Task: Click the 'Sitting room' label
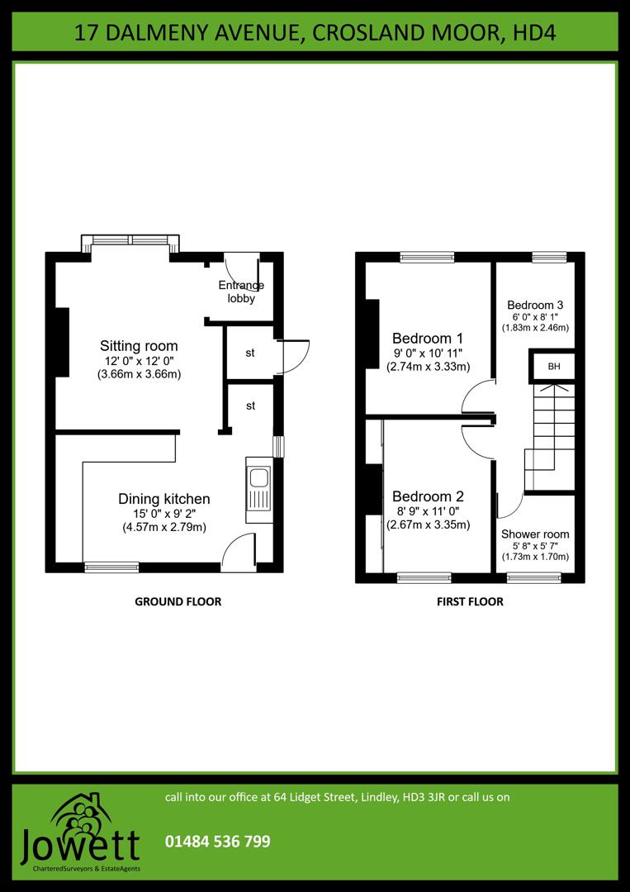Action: [x=139, y=345]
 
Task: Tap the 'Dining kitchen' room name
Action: [x=164, y=499]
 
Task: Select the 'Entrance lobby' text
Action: [x=241, y=292]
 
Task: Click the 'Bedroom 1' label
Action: [x=428, y=338]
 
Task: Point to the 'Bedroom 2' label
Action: [x=428, y=496]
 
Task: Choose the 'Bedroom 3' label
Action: [x=535, y=304]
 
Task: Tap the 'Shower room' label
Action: [x=535, y=534]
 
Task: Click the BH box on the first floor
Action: [x=553, y=366]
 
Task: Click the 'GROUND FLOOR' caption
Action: [x=178, y=602]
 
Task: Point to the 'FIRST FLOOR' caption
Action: [x=470, y=602]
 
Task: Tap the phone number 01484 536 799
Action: [x=218, y=842]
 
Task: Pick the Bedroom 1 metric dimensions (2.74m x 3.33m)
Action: [x=428, y=367]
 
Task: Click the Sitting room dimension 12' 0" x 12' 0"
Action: [x=139, y=361]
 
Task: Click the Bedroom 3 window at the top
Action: [x=550, y=257]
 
